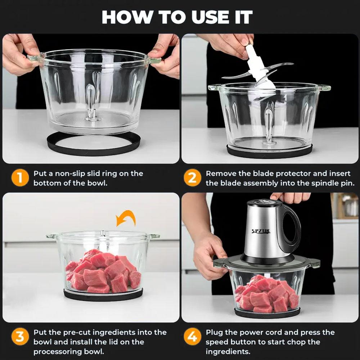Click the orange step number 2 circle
tap(193, 178)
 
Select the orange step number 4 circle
tap(193, 337)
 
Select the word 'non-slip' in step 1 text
tap(68, 174)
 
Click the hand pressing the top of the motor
tap(290, 197)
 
